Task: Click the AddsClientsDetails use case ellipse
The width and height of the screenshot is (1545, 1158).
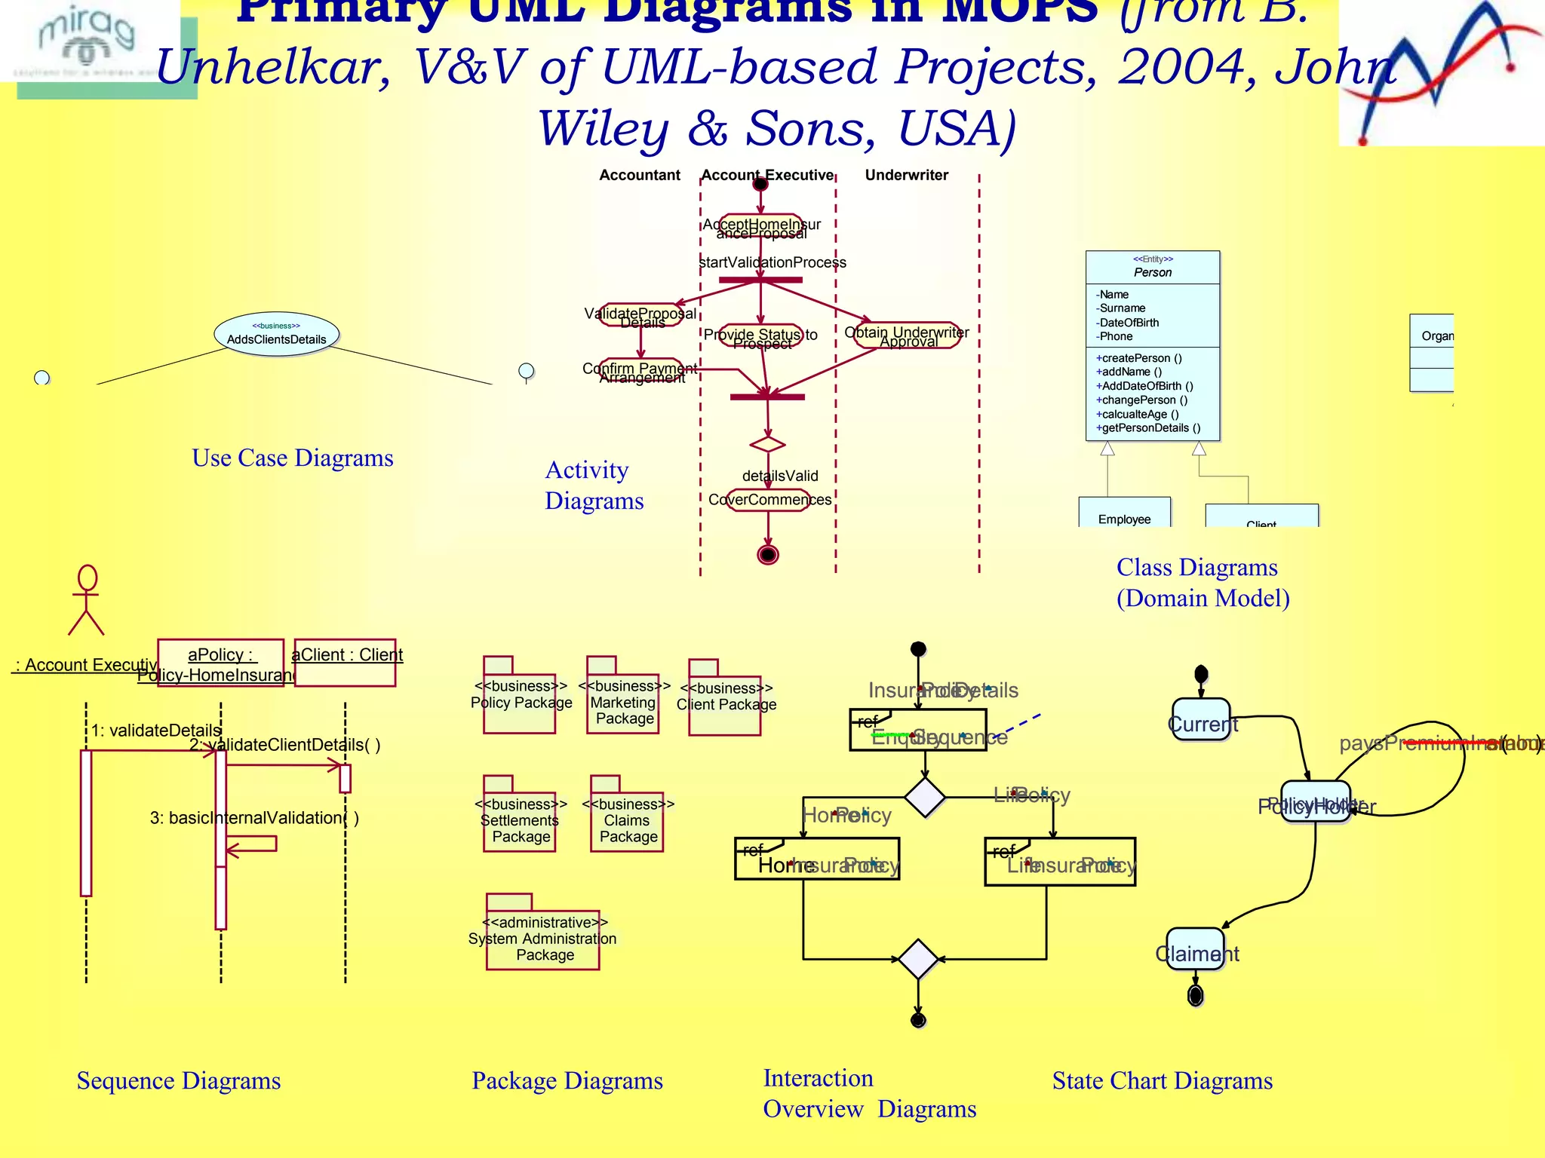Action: pyautogui.click(x=276, y=334)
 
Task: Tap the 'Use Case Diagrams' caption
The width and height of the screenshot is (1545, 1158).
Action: pyautogui.click(x=293, y=458)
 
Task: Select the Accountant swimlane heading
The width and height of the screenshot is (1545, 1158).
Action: pyautogui.click(x=640, y=175)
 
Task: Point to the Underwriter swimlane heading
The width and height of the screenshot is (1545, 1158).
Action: pyautogui.click(x=906, y=175)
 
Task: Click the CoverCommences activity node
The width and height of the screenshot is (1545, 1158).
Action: pyautogui.click(x=769, y=500)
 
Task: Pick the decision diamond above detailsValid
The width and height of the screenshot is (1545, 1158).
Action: pyautogui.click(x=768, y=444)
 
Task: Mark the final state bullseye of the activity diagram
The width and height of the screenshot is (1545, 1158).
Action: pyautogui.click(x=768, y=555)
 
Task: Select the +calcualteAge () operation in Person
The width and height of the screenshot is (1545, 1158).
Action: pyautogui.click(x=1137, y=414)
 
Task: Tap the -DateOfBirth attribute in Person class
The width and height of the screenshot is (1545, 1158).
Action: pyautogui.click(x=1127, y=323)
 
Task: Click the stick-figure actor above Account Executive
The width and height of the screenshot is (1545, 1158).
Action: pyautogui.click(x=87, y=599)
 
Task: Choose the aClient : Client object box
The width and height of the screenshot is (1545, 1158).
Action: pyautogui.click(x=346, y=662)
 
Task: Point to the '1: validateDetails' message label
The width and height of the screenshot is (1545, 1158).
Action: pyautogui.click(x=156, y=731)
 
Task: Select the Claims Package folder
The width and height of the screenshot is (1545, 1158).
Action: pyautogui.click(x=627, y=820)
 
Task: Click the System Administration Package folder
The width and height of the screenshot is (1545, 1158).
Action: pyautogui.click(x=543, y=938)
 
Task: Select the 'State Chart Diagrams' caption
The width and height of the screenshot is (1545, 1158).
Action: pyautogui.click(x=1162, y=1080)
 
